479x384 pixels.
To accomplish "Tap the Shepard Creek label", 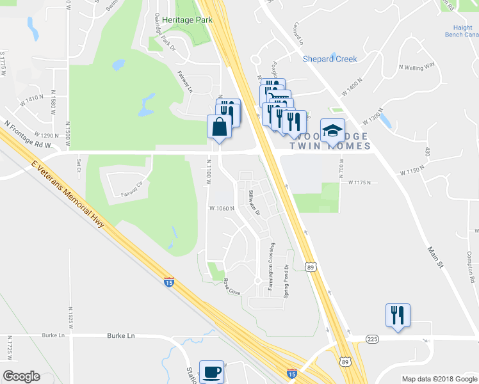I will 330,59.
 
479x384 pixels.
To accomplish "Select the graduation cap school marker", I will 332,131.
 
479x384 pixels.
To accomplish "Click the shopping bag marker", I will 220,126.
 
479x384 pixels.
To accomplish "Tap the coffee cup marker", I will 211,371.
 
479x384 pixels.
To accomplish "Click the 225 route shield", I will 373,338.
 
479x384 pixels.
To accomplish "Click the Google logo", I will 21,376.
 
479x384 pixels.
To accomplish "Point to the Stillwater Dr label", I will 254,202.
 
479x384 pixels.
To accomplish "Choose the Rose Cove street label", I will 232,286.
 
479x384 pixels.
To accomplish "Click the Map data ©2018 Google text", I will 439,378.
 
